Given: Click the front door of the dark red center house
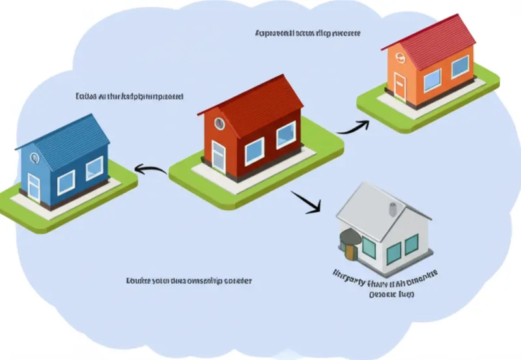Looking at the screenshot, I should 218,157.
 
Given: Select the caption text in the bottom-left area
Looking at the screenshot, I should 188,281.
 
